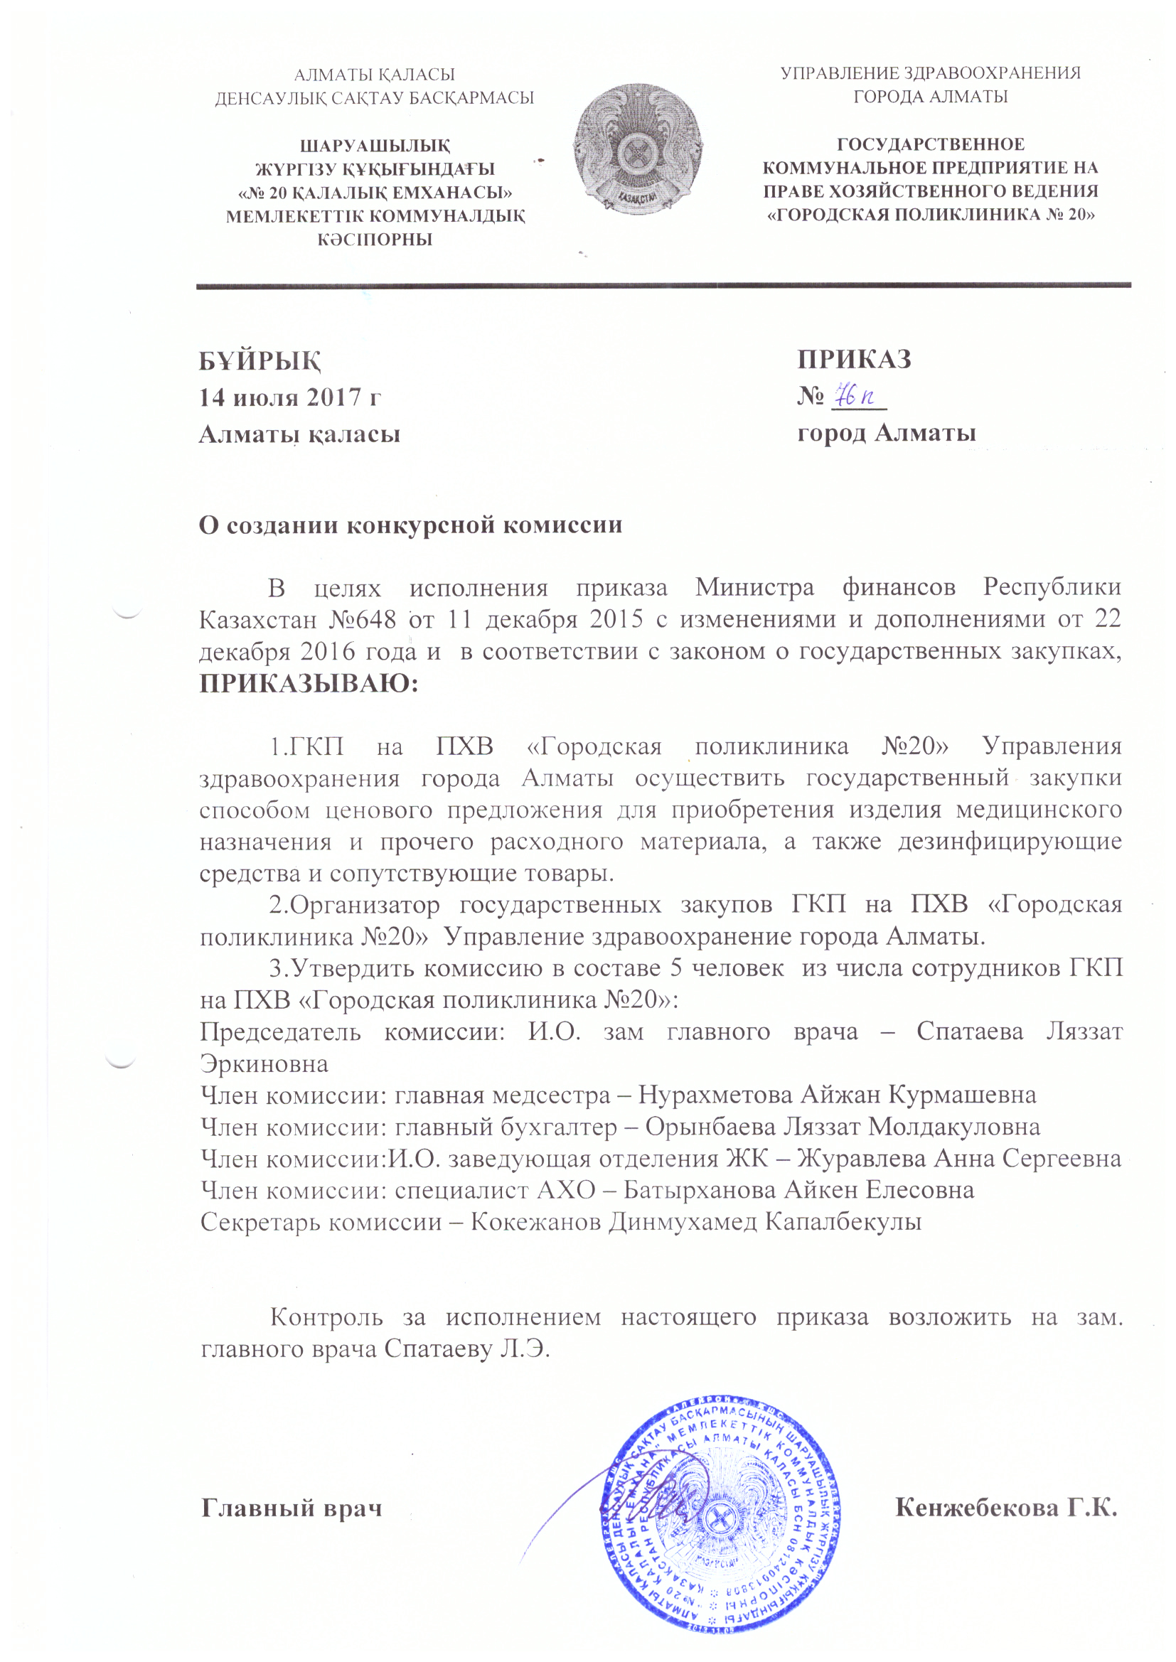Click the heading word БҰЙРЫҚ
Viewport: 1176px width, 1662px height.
tap(260, 360)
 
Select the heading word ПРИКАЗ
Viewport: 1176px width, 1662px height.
tap(854, 359)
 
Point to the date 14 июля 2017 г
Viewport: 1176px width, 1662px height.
tap(289, 397)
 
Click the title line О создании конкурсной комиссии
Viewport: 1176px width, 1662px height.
tap(410, 525)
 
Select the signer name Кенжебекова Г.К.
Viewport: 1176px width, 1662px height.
tap(1007, 1508)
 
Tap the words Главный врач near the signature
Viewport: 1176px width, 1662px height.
tap(291, 1508)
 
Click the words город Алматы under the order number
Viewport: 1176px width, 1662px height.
tap(887, 433)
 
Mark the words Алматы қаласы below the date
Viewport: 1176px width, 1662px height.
tap(299, 434)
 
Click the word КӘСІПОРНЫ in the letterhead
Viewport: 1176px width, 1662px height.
tap(375, 240)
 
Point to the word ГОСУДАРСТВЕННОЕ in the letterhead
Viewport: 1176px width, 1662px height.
tap(931, 145)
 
